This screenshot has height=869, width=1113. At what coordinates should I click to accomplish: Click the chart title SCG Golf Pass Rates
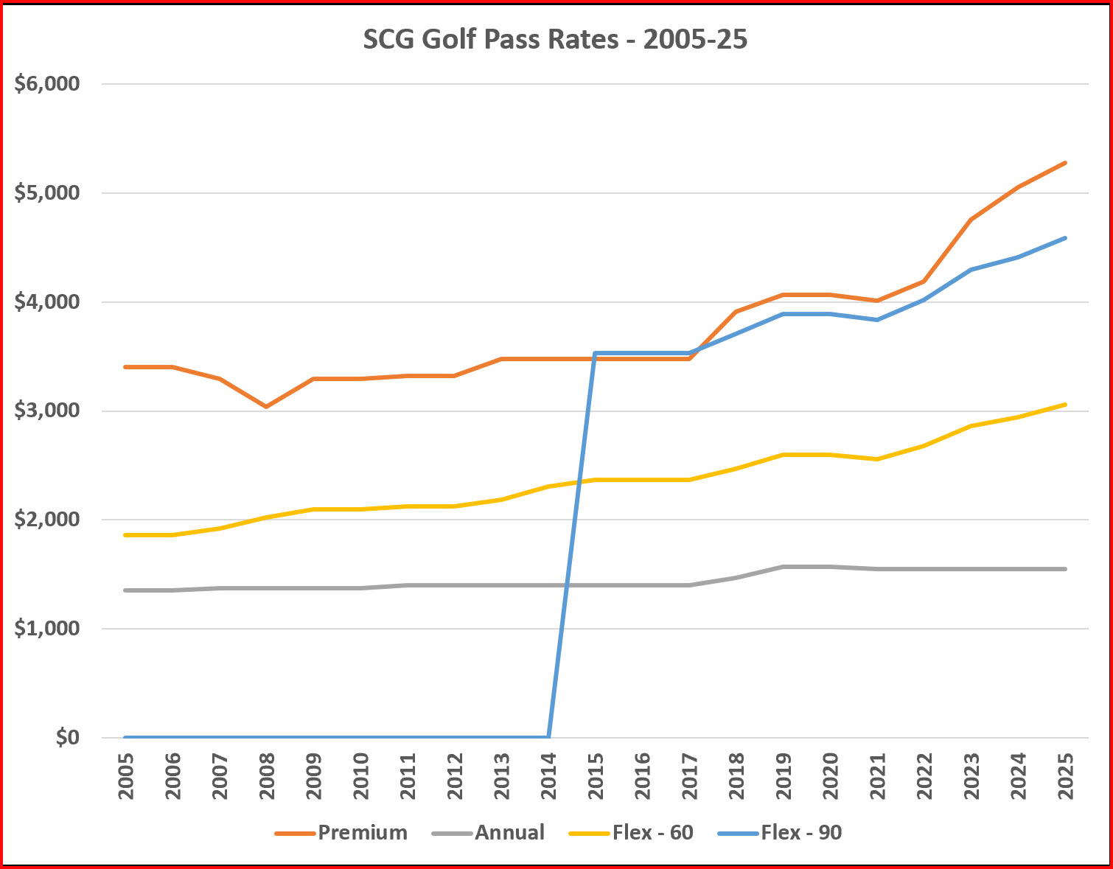[x=555, y=38]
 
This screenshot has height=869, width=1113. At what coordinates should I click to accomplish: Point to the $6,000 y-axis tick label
[x=47, y=84]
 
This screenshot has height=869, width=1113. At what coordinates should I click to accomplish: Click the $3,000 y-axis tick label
[x=47, y=411]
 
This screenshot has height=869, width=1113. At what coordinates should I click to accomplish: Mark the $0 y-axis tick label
[x=67, y=738]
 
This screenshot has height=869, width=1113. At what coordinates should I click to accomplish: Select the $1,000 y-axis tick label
[x=47, y=629]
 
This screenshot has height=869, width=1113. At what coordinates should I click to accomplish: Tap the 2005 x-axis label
[x=125, y=776]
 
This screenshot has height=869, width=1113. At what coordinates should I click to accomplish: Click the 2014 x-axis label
[x=548, y=776]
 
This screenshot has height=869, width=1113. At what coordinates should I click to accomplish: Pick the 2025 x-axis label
[x=1065, y=776]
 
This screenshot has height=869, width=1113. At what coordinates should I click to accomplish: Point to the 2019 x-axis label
[x=784, y=776]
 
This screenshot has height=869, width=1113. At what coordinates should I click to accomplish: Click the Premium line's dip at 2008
[x=266, y=407]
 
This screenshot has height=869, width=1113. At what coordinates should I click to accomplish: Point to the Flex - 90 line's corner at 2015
[x=595, y=353]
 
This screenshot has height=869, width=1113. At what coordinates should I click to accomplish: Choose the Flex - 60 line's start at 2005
[x=125, y=535]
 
